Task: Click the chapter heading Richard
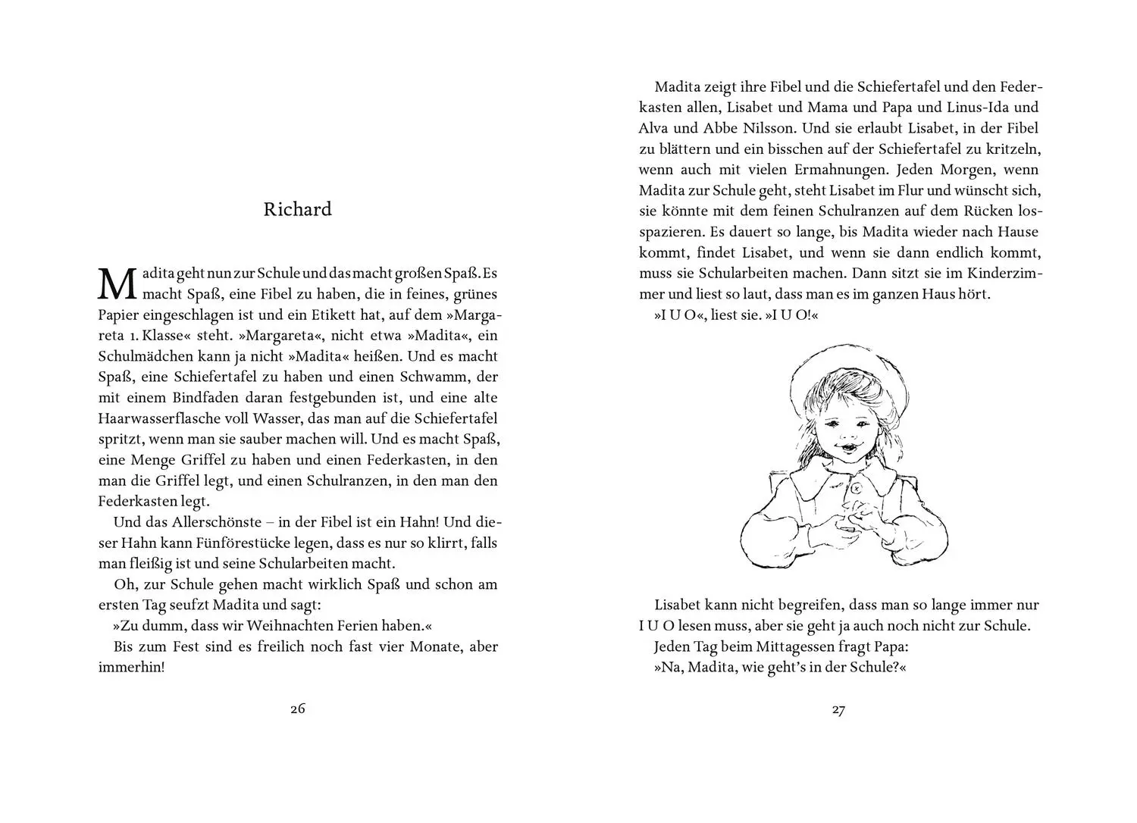(297, 209)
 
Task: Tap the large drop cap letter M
(117, 283)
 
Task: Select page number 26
(297, 709)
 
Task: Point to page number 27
(838, 710)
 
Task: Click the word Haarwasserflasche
(156, 418)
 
